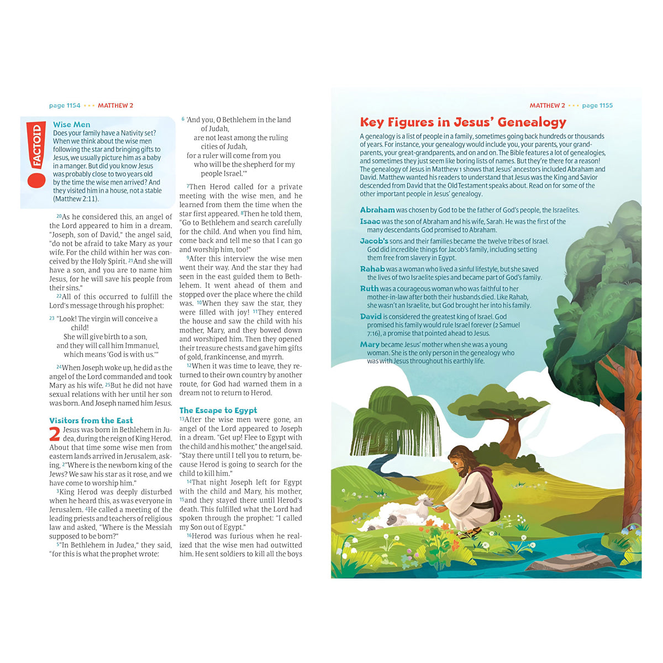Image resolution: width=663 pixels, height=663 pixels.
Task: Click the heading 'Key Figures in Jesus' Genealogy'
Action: pos(463,122)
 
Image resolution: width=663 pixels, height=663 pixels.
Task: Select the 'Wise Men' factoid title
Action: pos(71,125)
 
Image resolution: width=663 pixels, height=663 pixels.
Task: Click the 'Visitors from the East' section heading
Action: pos(91,420)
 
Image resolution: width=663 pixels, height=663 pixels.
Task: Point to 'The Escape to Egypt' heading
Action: pos(218,411)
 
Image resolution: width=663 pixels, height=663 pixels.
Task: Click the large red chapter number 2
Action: pos(55,435)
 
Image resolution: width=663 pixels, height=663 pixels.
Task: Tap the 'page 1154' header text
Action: pos(65,106)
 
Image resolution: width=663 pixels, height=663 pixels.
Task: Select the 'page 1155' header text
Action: pos(597,106)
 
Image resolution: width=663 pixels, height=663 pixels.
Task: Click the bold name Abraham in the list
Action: pos(377,210)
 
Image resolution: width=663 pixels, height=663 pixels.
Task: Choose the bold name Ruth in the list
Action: pos(369,288)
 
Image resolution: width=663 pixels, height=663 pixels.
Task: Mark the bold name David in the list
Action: pos(371,317)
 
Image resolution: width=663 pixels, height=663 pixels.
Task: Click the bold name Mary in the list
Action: pos(370,344)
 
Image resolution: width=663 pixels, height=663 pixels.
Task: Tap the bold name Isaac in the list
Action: pos(370,222)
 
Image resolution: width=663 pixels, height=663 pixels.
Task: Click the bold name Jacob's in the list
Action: pos(374,241)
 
